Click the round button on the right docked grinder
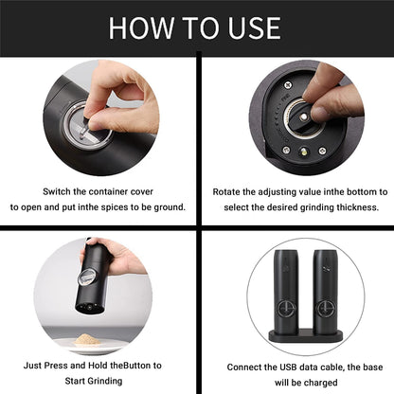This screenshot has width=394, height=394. pos(324,309)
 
